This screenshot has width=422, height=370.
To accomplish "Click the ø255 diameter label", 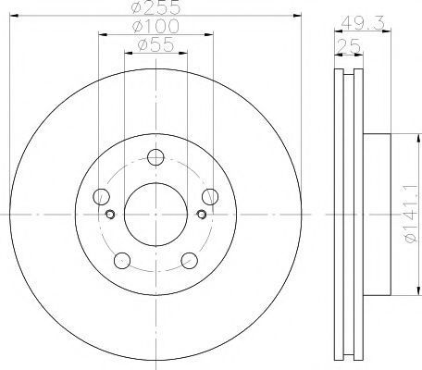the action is [x=155, y=7].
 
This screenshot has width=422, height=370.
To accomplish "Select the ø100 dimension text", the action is [x=155, y=26].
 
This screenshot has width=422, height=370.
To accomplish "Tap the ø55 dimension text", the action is [x=155, y=45].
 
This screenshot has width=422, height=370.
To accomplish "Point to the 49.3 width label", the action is [x=363, y=23].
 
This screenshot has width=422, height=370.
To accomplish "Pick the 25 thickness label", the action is [x=349, y=46].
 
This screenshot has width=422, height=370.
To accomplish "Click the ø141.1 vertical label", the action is [x=412, y=218].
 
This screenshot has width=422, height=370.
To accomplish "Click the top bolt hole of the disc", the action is [x=155, y=157].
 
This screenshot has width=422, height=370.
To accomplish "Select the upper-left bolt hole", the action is [x=101, y=197].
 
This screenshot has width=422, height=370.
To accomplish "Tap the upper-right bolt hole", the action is [x=210, y=197].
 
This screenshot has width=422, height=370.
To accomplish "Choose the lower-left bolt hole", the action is [x=122, y=261].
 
